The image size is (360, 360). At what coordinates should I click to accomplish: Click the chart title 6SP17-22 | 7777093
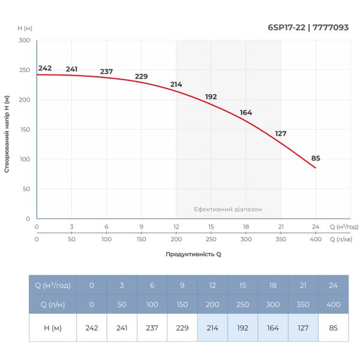(308, 27)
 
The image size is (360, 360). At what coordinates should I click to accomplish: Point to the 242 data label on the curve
(45, 68)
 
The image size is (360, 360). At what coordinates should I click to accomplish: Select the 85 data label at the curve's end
(316, 158)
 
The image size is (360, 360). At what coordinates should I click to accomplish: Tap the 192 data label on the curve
(211, 97)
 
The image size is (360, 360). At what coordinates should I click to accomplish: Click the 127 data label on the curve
(281, 134)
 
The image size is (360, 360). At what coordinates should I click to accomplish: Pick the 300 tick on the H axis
(24, 40)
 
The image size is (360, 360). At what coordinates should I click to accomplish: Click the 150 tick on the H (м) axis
(24, 129)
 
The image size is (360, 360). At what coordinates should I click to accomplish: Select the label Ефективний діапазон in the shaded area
(228, 209)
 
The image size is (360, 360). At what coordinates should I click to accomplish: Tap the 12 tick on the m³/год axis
(176, 227)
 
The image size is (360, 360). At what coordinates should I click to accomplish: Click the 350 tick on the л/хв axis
(281, 239)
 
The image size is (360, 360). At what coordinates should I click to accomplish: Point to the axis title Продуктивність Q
(193, 254)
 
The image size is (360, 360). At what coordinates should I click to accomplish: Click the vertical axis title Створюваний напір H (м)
(7, 133)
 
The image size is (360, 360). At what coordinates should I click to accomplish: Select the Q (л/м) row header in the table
(53, 305)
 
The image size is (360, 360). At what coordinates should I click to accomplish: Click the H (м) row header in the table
(53, 328)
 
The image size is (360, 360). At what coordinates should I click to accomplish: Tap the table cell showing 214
(212, 328)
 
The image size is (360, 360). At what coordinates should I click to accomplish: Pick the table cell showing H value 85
(333, 328)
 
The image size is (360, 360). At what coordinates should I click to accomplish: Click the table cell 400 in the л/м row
(333, 305)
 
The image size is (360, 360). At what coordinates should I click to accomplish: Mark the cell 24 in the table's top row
(333, 285)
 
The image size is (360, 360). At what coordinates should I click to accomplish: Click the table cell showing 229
(182, 328)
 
